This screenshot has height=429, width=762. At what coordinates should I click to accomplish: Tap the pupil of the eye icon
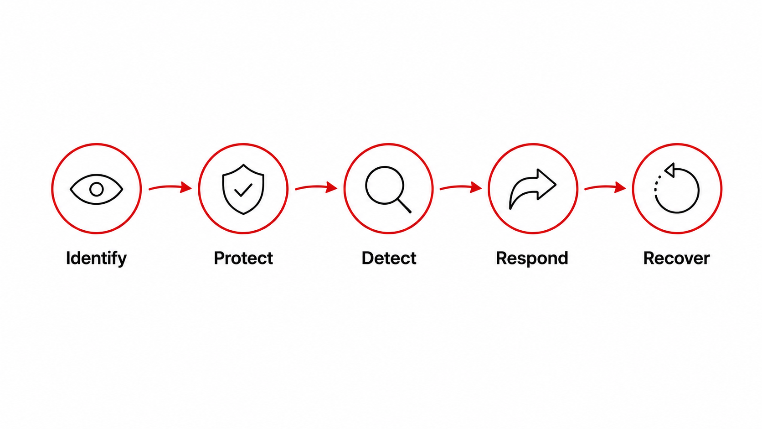[x=97, y=190]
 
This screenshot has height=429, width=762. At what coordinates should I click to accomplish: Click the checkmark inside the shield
[x=243, y=190]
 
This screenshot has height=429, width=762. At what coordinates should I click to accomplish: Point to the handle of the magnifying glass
[x=405, y=206]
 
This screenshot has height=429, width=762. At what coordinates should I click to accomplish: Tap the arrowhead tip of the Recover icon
[x=665, y=170]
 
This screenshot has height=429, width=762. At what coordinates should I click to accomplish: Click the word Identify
[x=96, y=258]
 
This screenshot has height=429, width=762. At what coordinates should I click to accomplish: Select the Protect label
[x=243, y=258]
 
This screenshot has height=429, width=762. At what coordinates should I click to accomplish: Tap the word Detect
[x=389, y=258]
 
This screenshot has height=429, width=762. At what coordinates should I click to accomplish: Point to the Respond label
[x=532, y=258]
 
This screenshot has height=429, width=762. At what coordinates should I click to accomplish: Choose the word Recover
[x=676, y=258]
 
